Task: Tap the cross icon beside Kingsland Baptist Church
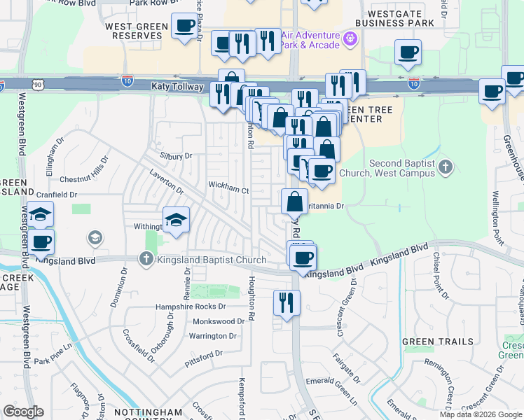146,260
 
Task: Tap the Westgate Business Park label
394,17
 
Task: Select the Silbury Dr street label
176,156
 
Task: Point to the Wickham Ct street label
228,189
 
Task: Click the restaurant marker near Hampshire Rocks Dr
287,302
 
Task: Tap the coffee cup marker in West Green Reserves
184,27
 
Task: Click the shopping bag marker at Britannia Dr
295,202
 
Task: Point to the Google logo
24,412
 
